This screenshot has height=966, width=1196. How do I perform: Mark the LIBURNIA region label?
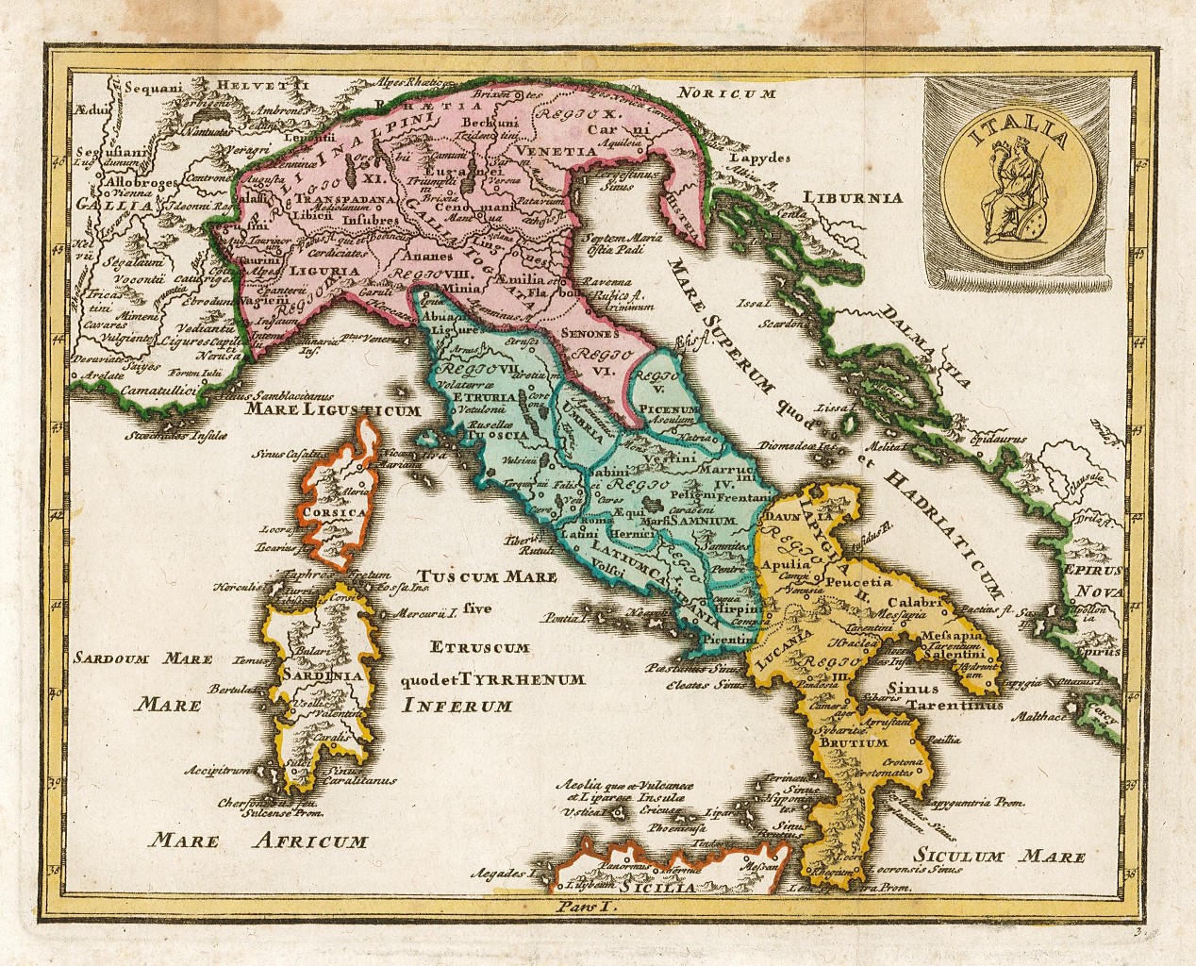(854, 197)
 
